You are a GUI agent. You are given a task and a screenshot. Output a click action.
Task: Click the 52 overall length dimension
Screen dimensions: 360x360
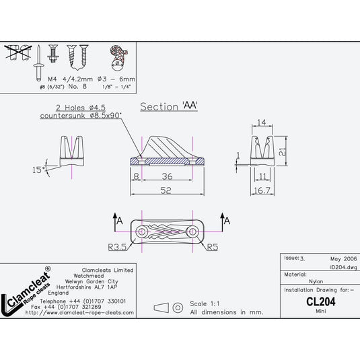(x=166, y=190)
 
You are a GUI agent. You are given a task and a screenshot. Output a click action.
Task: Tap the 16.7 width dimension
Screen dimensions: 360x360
(x=263, y=190)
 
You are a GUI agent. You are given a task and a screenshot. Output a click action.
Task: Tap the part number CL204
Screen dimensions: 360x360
(x=320, y=302)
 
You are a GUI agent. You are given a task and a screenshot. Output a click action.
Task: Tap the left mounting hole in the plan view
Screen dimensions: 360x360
(x=142, y=231)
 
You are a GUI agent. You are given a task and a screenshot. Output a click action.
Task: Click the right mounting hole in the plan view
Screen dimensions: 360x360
(x=192, y=231)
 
